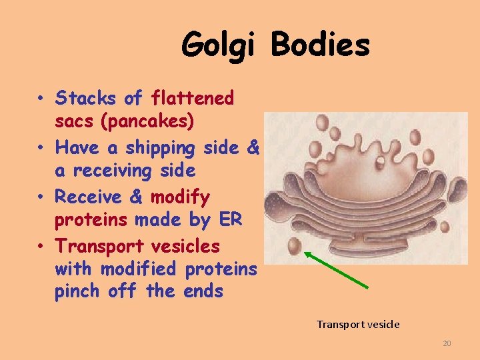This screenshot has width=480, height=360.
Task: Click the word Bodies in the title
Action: (320, 45)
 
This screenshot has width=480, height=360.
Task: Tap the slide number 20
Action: (447, 343)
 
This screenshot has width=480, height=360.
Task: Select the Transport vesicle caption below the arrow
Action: (358, 324)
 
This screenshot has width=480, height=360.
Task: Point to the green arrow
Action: (337, 271)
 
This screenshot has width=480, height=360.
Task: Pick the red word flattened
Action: (193, 99)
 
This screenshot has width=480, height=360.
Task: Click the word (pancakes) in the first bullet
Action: (152, 121)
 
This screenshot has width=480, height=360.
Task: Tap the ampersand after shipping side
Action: (252, 148)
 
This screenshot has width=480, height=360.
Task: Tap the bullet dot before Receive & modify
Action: (41, 198)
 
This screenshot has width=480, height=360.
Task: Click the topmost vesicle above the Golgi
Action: (322, 123)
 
